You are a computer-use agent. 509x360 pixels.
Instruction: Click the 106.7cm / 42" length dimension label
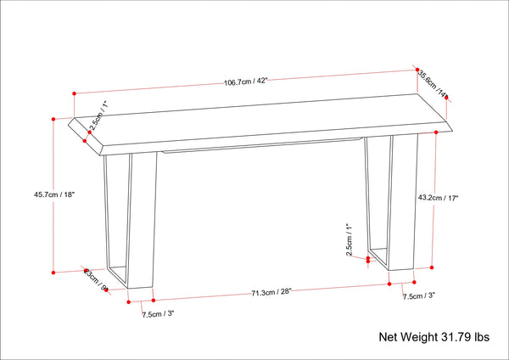click(246, 82)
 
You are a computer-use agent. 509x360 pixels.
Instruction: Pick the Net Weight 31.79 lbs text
click(433, 337)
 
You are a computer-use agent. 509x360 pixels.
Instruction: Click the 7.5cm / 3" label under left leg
click(157, 314)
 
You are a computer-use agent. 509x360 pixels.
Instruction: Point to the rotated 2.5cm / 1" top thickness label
click(98, 115)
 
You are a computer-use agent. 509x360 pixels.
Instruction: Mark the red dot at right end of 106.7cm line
click(417, 68)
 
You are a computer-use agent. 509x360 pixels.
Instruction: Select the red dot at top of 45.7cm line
click(53, 119)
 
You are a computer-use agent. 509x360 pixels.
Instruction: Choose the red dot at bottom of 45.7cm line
click(53, 273)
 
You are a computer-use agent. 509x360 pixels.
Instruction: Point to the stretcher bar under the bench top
click(263, 145)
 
